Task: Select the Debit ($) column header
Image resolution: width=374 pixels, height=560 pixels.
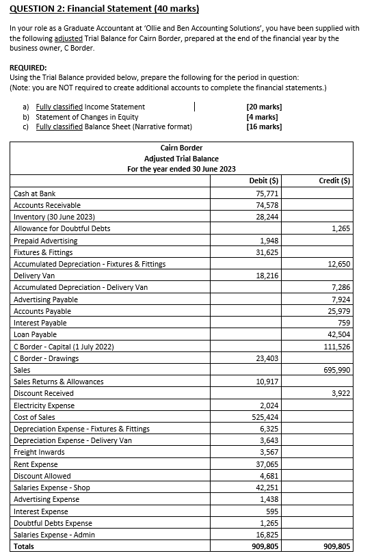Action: [264, 181]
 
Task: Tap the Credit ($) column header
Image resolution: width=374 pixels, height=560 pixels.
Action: [335, 181]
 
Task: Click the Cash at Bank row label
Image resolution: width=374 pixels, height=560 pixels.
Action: [34, 194]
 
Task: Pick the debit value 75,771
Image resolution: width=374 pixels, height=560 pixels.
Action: [265, 194]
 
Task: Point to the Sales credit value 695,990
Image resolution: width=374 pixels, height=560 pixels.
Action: [337, 370]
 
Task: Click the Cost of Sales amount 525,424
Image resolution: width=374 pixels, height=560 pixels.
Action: [263, 417]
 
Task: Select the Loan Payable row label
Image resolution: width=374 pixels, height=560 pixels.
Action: [35, 334]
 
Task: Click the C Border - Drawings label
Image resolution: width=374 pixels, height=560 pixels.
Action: [46, 358]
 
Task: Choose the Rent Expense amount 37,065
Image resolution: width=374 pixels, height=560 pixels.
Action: [265, 464]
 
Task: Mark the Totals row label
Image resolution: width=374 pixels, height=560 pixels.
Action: [25, 546]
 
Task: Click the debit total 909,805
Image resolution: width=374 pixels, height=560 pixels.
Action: [263, 546]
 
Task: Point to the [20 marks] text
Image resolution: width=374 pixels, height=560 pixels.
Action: [264, 107]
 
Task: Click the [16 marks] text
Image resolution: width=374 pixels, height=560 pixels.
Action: [264, 126]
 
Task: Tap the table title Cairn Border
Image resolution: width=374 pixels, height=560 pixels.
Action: [181, 148]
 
